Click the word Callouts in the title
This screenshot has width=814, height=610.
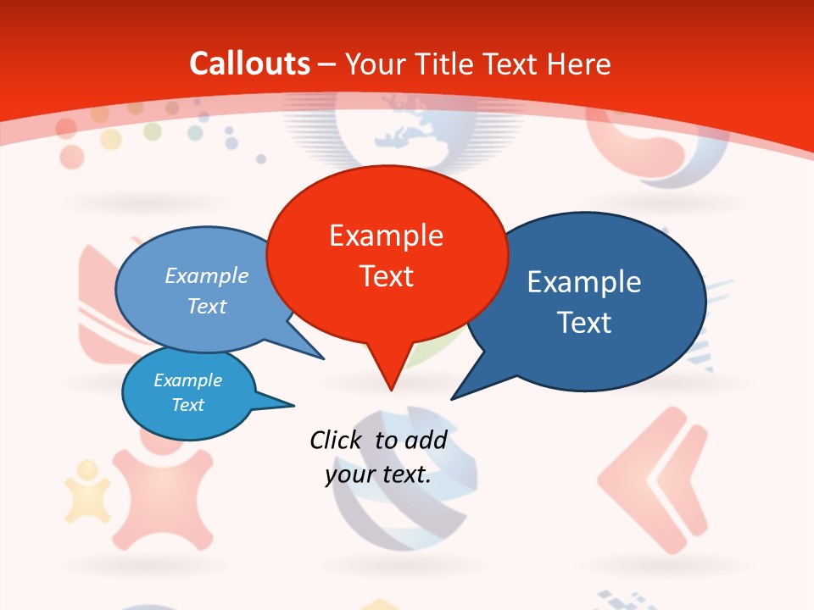click(249, 64)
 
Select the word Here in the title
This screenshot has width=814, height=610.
click(579, 64)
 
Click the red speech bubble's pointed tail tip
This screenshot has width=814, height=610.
click(391, 390)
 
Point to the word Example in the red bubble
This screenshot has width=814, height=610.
click(386, 236)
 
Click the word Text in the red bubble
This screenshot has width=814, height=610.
click(386, 276)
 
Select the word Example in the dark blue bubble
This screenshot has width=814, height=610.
click(584, 282)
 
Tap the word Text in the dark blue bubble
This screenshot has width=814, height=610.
click(584, 323)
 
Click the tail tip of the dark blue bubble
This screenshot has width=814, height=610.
click(452, 398)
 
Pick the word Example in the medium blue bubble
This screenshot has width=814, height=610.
click(207, 276)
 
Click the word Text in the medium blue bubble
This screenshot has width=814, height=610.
click(207, 306)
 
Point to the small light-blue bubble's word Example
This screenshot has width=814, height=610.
click(188, 380)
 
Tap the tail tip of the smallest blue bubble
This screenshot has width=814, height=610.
click(293, 405)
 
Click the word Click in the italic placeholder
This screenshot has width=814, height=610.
click(336, 440)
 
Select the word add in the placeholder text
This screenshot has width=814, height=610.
click(425, 440)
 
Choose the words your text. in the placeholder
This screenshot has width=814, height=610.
click(378, 474)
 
